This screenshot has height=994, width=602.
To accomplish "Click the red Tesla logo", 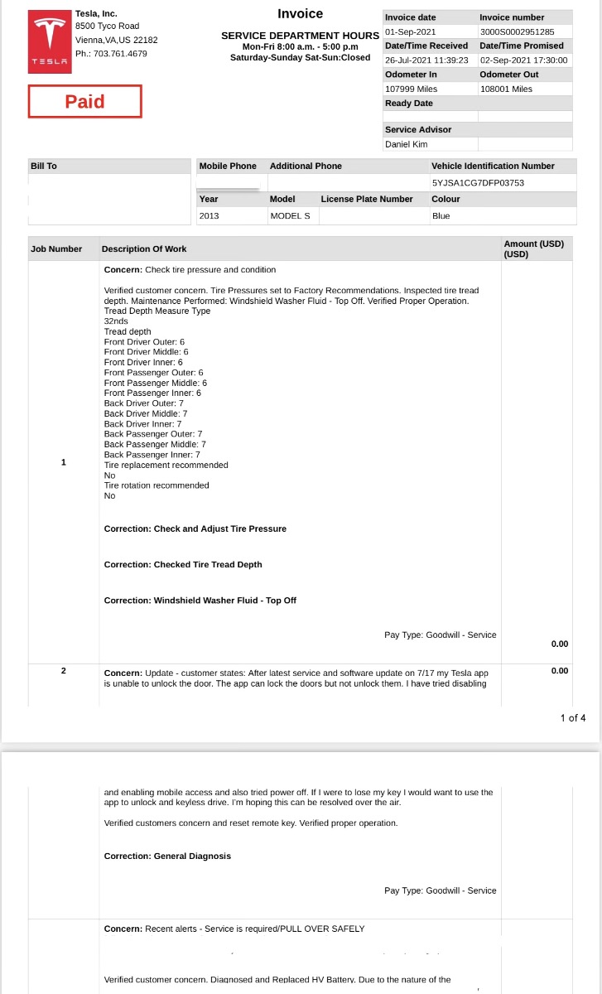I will coord(51,42).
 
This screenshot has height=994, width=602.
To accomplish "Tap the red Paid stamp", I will coord(85,102).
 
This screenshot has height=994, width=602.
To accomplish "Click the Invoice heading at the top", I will coord(300,13).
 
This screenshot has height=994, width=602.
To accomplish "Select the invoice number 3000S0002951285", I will coord(517,31).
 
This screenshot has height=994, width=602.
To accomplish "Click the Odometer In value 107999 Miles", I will coord(412,89).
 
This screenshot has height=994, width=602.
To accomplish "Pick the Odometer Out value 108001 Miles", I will coord(506,89).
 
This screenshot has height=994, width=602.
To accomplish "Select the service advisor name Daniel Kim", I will coord(407,144).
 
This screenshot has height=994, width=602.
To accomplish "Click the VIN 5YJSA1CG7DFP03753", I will coord(478,182).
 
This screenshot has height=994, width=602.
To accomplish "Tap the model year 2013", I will coord(209,215).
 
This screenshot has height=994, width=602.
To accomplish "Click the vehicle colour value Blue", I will coord(441,215).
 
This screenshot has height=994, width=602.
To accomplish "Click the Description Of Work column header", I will coord(144,248).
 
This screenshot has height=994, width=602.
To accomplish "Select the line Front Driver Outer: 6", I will coord(144,342).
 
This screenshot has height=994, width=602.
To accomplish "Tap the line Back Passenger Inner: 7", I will coord(152,455).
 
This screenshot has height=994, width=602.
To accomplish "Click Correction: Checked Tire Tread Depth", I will coord(183,564).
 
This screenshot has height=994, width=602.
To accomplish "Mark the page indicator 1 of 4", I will coord(573,717).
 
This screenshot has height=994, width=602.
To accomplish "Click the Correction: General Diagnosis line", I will coord(167,856).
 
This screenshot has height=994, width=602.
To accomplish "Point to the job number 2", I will coord(63,670).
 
